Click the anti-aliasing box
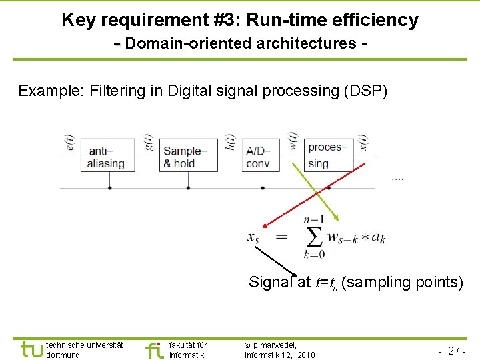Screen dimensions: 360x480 (107, 156)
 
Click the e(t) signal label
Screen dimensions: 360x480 (71, 143)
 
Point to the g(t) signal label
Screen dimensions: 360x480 (149, 143)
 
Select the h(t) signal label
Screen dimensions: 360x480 (231, 143)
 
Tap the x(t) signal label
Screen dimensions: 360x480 (364, 143)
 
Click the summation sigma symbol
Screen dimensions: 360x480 (313, 237)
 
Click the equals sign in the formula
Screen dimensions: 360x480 (282, 237)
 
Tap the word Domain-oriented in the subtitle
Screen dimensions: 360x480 (184, 44)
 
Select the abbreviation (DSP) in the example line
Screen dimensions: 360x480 (365, 91)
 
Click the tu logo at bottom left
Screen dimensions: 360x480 (31, 349)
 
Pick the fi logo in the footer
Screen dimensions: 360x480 (154, 349)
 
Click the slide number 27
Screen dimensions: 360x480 (456, 351)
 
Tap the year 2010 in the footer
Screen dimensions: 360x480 (307, 355)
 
